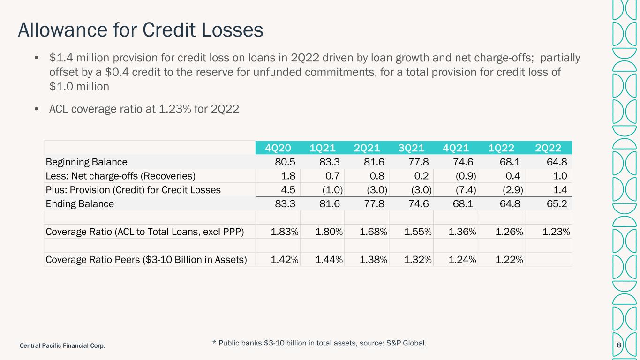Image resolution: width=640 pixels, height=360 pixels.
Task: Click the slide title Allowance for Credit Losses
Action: tap(140, 30)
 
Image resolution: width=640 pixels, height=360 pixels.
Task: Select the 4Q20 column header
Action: tap(278, 148)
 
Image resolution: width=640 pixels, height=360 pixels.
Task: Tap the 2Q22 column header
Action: tap(548, 148)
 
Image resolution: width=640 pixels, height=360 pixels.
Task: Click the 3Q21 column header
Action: tap(411, 148)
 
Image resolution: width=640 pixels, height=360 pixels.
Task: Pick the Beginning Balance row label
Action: tap(86, 162)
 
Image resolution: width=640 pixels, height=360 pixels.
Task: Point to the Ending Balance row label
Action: tap(80, 204)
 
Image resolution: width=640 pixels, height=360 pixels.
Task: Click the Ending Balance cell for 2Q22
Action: tap(557, 204)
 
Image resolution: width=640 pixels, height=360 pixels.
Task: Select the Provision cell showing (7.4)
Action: tap(466, 190)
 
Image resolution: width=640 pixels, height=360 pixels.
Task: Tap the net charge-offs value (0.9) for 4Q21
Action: tap(466, 176)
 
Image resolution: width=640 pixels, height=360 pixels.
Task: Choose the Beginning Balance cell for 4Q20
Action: tap(285, 162)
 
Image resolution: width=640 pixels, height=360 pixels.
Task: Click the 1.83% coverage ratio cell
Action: tap(284, 232)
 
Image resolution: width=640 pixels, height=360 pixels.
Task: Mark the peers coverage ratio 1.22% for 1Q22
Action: tap(509, 260)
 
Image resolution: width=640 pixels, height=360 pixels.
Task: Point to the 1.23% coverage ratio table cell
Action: tap(556, 232)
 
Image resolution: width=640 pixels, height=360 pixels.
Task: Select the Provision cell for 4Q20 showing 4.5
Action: tap(288, 190)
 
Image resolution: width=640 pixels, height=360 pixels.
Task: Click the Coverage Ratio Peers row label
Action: tap(146, 260)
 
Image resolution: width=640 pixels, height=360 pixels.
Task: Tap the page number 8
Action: tap(619, 345)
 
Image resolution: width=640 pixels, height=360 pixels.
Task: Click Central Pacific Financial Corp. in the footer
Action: tap(62, 346)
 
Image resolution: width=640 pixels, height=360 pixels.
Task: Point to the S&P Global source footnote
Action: tap(319, 343)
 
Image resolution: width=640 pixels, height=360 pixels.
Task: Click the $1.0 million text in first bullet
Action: tap(79, 87)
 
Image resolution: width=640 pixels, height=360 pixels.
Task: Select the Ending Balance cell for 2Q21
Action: tap(374, 204)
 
